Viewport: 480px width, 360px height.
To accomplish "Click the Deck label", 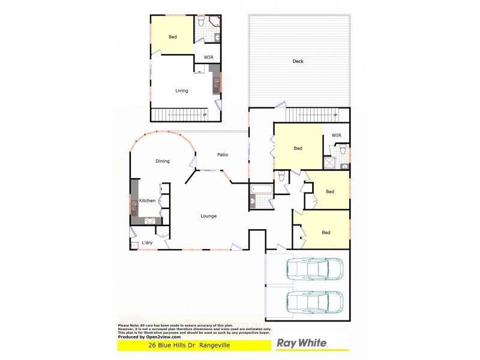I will coord(298,61).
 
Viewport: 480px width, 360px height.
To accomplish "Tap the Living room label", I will coord(181,91).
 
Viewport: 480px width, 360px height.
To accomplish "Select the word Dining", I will coord(162,161).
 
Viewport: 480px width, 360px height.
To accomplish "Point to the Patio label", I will coord(222,155).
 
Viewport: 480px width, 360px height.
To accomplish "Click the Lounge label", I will coord(208,216).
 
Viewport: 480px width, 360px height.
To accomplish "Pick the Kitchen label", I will coord(148,200).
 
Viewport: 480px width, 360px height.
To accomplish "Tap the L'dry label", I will coord(147,242).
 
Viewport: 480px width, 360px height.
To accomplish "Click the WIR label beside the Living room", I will coord(208,57).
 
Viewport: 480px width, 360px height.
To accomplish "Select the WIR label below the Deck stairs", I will coord(337,135).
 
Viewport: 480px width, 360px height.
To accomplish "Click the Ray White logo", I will coord(302,344).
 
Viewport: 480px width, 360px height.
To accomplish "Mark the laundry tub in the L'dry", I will coord(134,244).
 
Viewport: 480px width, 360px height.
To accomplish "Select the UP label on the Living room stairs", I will coord(204,115).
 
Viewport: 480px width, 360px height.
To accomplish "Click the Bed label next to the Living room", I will coord(172,37).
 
